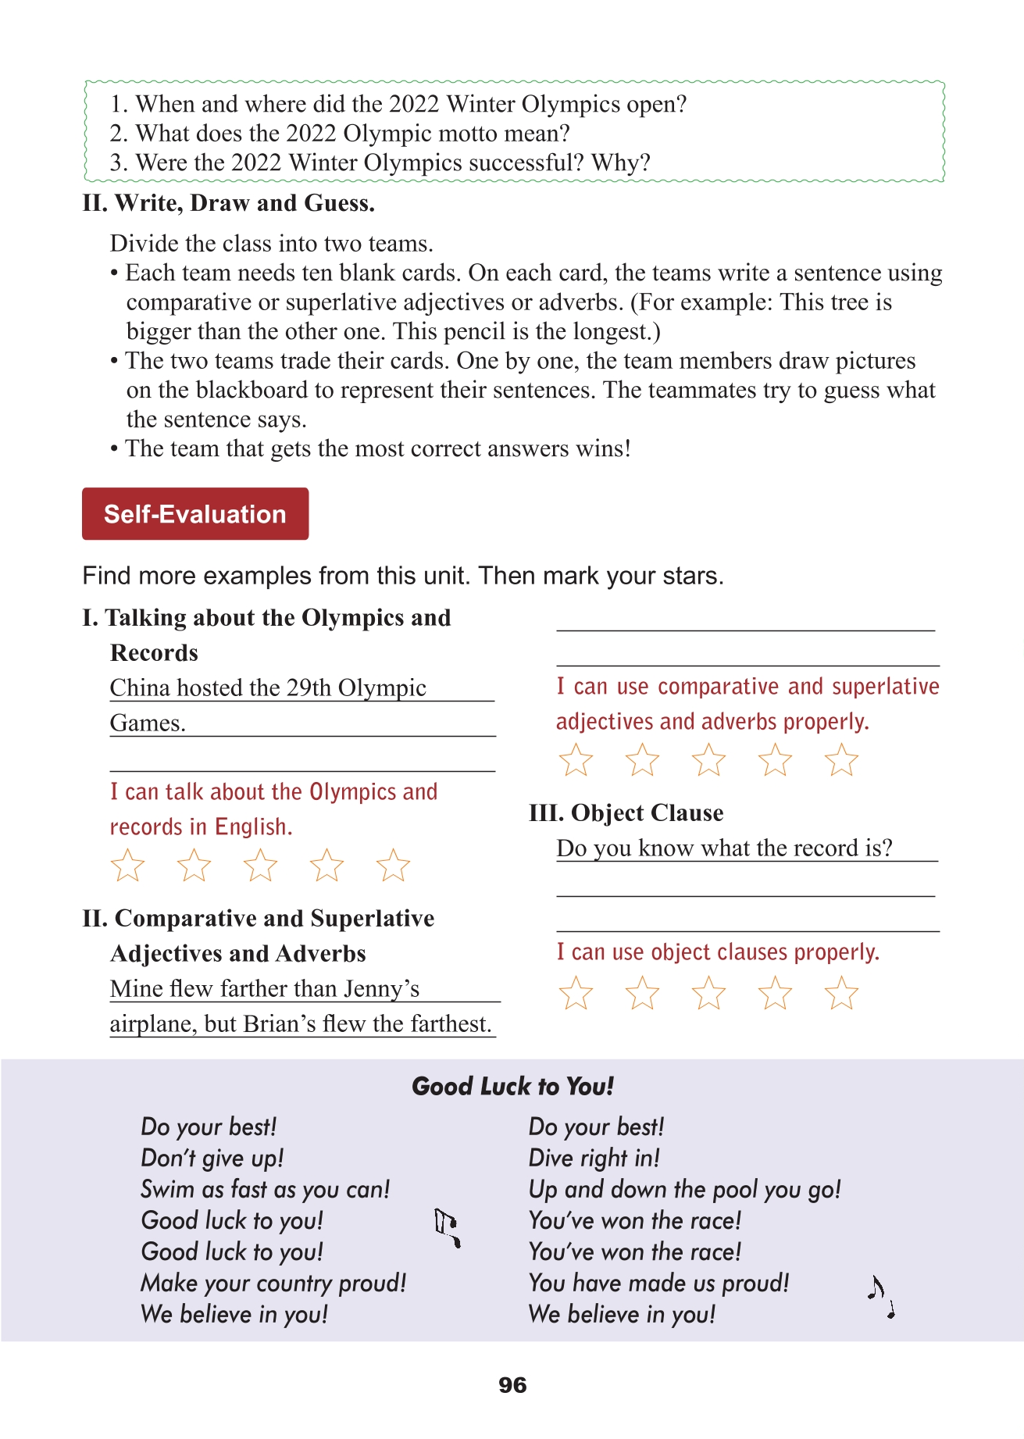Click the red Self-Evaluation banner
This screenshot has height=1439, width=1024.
point(195,514)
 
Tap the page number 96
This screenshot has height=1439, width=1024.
point(512,1386)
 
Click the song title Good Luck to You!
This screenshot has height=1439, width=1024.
point(512,1087)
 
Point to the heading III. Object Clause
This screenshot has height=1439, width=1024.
point(626,813)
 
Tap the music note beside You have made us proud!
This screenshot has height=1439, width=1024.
point(881,1298)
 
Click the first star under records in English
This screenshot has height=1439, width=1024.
point(127,866)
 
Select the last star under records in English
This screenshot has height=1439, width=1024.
point(393,866)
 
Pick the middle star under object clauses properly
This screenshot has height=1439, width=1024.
point(708,994)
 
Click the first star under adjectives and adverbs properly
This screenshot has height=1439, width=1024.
point(576,760)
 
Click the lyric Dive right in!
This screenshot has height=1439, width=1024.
point(594,1159)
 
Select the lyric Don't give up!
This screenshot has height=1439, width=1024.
point(212,1159)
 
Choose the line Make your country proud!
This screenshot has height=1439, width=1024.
point(273,1284)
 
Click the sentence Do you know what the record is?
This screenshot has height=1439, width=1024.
point(724,848)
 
